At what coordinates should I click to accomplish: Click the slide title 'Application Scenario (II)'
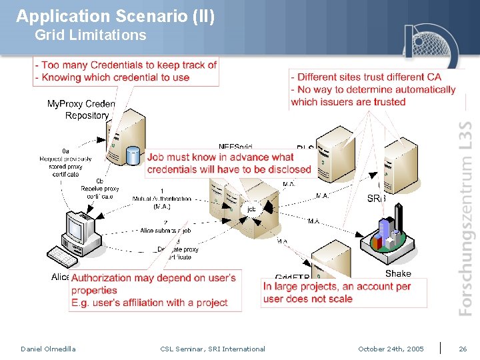point(115,16)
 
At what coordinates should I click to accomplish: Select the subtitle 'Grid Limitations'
point(90,35)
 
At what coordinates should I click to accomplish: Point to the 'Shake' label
point(398,273)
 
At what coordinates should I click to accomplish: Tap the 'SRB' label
point(377,199)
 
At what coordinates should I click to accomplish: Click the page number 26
point(463,349)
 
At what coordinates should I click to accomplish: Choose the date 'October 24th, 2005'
point(391,349)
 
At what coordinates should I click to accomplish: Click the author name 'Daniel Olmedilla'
point(48,349)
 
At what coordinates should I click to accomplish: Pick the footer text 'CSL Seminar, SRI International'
point(213,349)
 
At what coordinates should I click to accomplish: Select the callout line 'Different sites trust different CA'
point(369,77)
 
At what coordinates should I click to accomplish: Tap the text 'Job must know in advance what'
point(221,157)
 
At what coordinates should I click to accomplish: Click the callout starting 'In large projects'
point(337,287)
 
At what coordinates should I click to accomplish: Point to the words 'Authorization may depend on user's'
point(153,278)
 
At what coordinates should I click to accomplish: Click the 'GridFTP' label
point(292,277)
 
